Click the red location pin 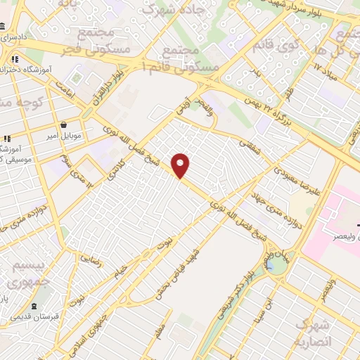point(181,165)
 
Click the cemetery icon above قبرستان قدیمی point(34,307)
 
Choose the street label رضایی point(91,259)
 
